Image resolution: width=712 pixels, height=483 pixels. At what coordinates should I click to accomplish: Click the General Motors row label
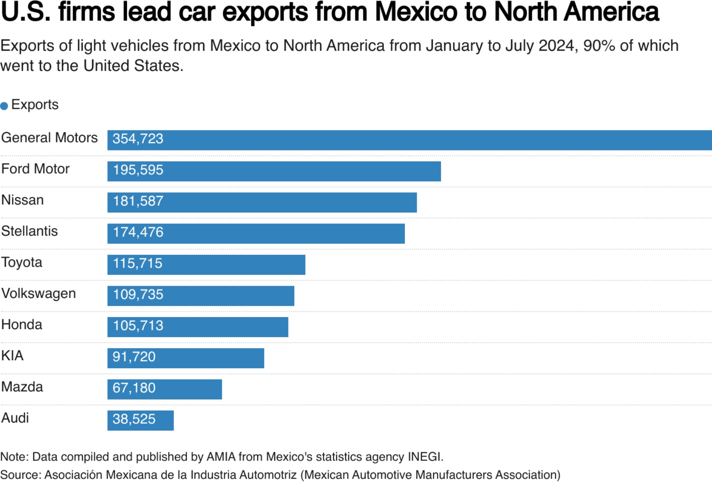point(49,138)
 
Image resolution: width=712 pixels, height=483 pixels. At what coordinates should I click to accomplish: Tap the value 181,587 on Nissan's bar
point(138,201)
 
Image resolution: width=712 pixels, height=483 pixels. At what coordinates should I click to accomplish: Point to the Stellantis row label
point(29,231)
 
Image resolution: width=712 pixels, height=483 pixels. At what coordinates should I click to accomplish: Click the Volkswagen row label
point(38,294)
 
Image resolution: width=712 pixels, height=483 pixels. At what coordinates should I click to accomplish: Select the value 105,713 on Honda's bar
point(138,326)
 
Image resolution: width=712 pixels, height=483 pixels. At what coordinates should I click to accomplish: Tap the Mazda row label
point(22,387)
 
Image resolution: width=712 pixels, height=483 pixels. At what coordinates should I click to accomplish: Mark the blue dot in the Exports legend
point(4,106)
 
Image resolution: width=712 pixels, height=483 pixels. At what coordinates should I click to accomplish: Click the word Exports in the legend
point(35,105)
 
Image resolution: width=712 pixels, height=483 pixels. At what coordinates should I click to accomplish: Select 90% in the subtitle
point(599,46)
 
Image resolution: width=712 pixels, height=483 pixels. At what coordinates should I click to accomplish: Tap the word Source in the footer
point(20,475)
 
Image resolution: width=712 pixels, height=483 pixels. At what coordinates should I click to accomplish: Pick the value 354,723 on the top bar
point(138,139)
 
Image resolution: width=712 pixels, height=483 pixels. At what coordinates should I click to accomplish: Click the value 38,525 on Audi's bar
point(134,419)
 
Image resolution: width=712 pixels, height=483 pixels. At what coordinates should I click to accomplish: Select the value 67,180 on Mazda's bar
point(134,388)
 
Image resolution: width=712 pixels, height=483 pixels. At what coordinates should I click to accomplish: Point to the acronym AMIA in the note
point(221,457)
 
